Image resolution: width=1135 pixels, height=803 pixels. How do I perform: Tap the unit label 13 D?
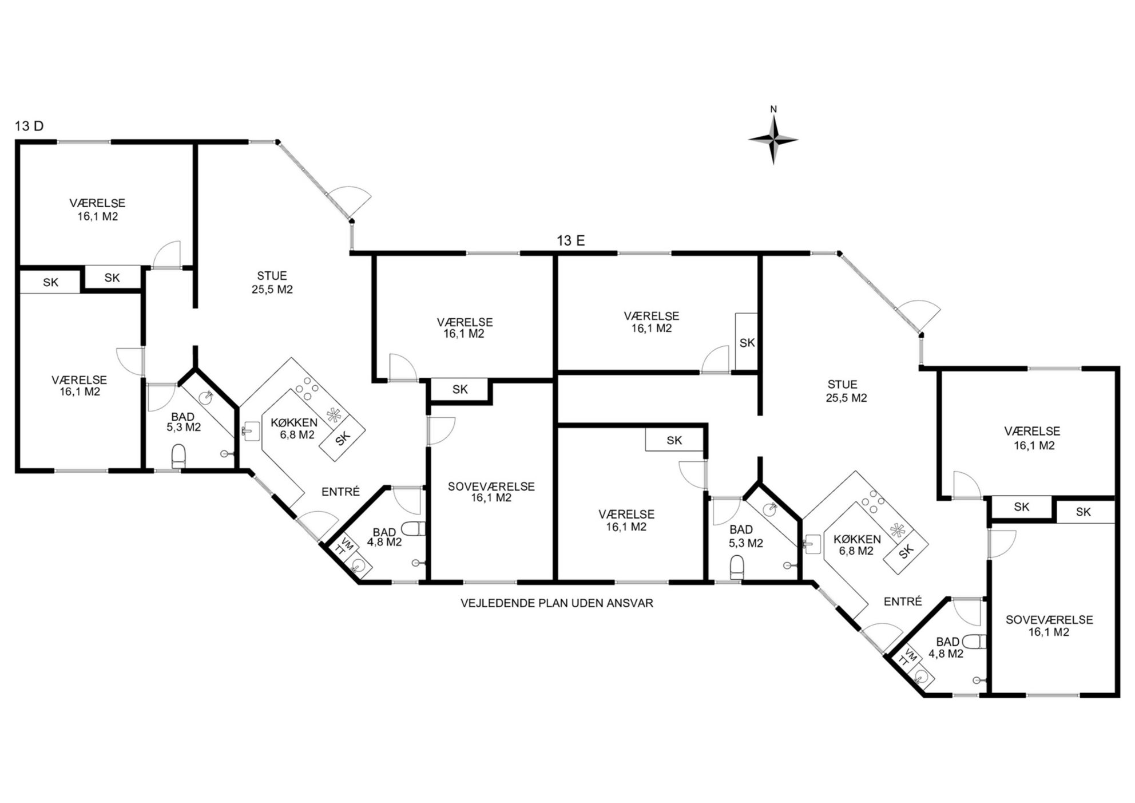pyautogui.click(x=29, y=126)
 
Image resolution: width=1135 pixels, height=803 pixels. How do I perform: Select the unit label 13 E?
pyautogui.click(x=571, y=241)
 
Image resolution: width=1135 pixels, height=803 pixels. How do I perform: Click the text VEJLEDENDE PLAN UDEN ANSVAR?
pyautogui.click(x=557, y=603)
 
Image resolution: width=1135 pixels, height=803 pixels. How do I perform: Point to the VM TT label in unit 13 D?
pyautogui.click(x=344, y=547)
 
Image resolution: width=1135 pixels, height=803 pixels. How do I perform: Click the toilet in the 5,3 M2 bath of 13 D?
pyautogui.click(x=179, y=456)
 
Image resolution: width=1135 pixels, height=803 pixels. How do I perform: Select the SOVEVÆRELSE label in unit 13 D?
pyautogui.click(x=491, y=487)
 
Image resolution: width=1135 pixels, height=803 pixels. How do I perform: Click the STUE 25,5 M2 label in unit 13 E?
pyautogui.click(x=846, y=391)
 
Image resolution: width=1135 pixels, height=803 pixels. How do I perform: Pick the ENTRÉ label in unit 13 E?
pyautogui.click(x=903, y=602)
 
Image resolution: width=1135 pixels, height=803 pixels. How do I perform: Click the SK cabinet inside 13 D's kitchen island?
pyautogui.click(x=342, y=438)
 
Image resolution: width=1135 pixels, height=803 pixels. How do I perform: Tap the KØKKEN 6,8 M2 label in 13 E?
pyautogui.click(x=856, y=545)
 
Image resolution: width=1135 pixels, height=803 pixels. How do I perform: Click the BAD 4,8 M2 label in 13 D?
pyautogui.click(x=384, y=537)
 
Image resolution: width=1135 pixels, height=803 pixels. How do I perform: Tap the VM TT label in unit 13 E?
pyautogui.click(x=907, y=659)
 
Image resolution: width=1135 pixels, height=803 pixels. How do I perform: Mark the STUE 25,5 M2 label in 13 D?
pyautogui.click(x=272, y=283)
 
